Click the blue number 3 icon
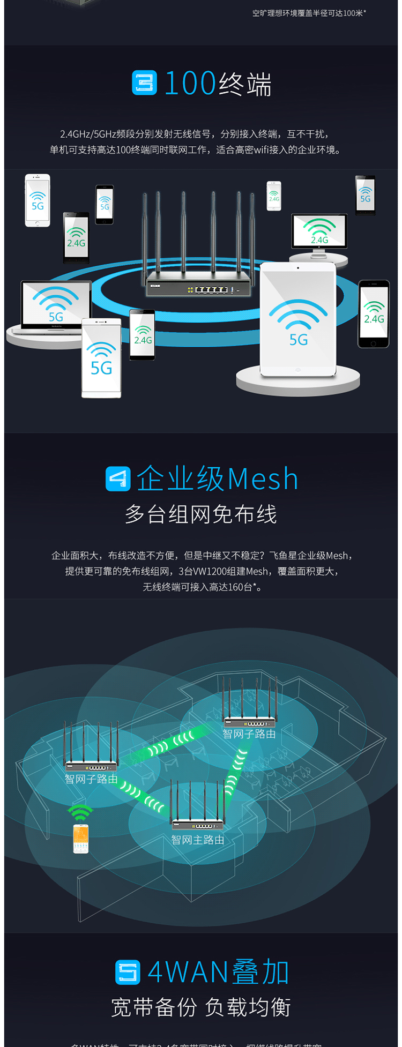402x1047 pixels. coord(144,83)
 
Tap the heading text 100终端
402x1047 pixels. coord(218,84)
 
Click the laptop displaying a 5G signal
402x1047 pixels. coord(56,305)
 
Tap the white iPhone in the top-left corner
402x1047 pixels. coord(38,200)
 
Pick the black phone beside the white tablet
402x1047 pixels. coord(374,314)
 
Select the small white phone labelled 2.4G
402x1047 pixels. coord(274,196)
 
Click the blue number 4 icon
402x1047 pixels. coord(118,478)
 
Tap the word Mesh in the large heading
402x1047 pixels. coord(263,478)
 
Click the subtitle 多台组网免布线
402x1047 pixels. coord(201,514)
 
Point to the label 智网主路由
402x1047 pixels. coord(197,840)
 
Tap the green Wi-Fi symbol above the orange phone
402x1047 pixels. coord(80,812)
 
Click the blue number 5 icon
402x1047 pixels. coord(128,973)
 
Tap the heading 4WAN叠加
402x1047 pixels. coord(218,973)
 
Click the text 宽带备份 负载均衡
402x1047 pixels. coord(201,1007)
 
